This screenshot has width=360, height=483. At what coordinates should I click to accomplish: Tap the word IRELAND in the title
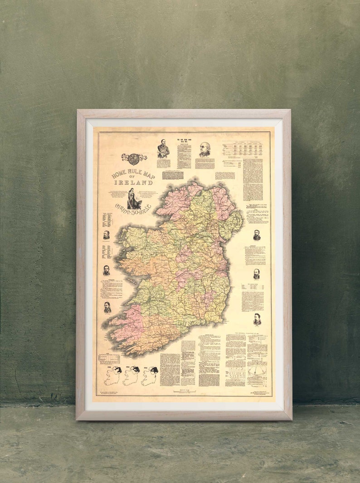[x=133, y=183]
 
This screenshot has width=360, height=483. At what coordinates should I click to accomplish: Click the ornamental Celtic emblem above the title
[x=134, y=159]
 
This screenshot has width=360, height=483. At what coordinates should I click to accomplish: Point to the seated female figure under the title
[x=132, y=198]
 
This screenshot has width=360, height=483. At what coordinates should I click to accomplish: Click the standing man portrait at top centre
[x=163, y=149]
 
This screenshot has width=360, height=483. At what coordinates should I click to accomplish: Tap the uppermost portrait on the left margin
[x=107, y=235]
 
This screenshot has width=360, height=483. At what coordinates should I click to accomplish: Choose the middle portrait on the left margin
[x=107, y=270]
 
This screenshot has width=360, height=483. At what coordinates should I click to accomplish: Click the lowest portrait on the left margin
[x=107, y=307]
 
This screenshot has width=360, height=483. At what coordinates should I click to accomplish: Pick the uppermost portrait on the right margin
[x=257, y=235]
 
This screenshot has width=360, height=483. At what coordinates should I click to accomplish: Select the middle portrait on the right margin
[x=257, y=274]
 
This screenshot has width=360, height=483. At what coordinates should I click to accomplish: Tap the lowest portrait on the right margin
[x=257, y=319]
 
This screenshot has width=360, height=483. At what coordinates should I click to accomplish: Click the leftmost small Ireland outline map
[x=112, y=376]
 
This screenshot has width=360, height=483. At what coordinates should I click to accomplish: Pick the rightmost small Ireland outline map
[x=149, y=376]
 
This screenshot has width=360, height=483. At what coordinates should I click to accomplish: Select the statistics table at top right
[x=242, y=150]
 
